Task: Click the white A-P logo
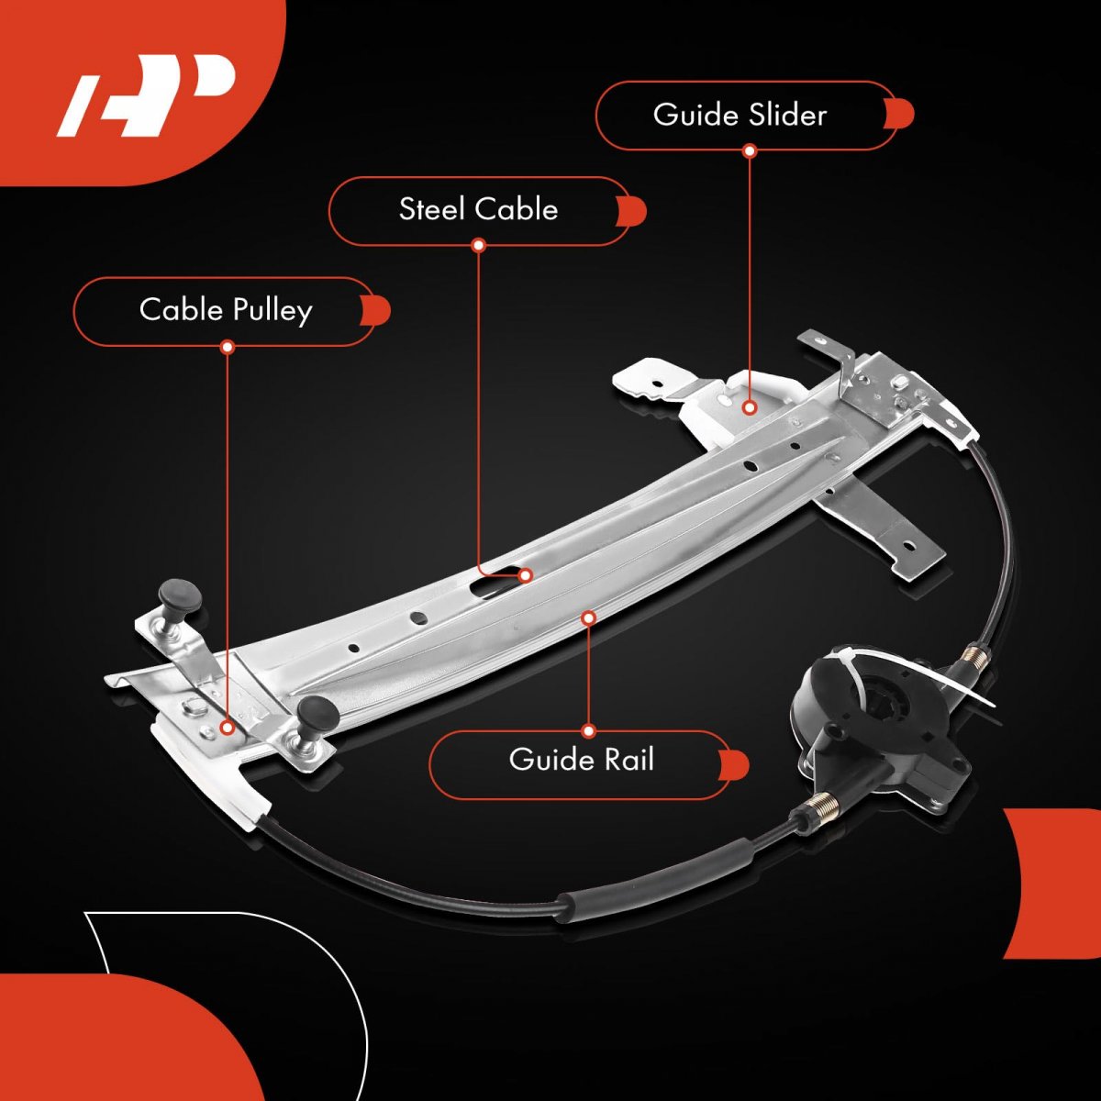click(x=147, y=95)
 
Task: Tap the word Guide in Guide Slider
click(x=695, y=115)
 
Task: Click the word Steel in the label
click(x=431, y=209)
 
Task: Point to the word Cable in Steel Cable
click(x=517, y=209)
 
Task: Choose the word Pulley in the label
click(x=272, y=311)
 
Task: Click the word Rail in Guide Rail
click(x=628, y=760)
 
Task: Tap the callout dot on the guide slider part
click(x=750, y=407)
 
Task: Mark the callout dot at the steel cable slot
click(x=526, y=574)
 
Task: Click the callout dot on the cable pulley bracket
click(x=228, y=728)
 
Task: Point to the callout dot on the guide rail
click(x=589, y=617)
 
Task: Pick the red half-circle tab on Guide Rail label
click(x=735, y=765)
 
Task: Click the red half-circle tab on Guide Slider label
click(x=899, y=115)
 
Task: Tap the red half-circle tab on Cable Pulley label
click(x=376, y=311)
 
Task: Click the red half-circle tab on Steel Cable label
click(x=632, y=211)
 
